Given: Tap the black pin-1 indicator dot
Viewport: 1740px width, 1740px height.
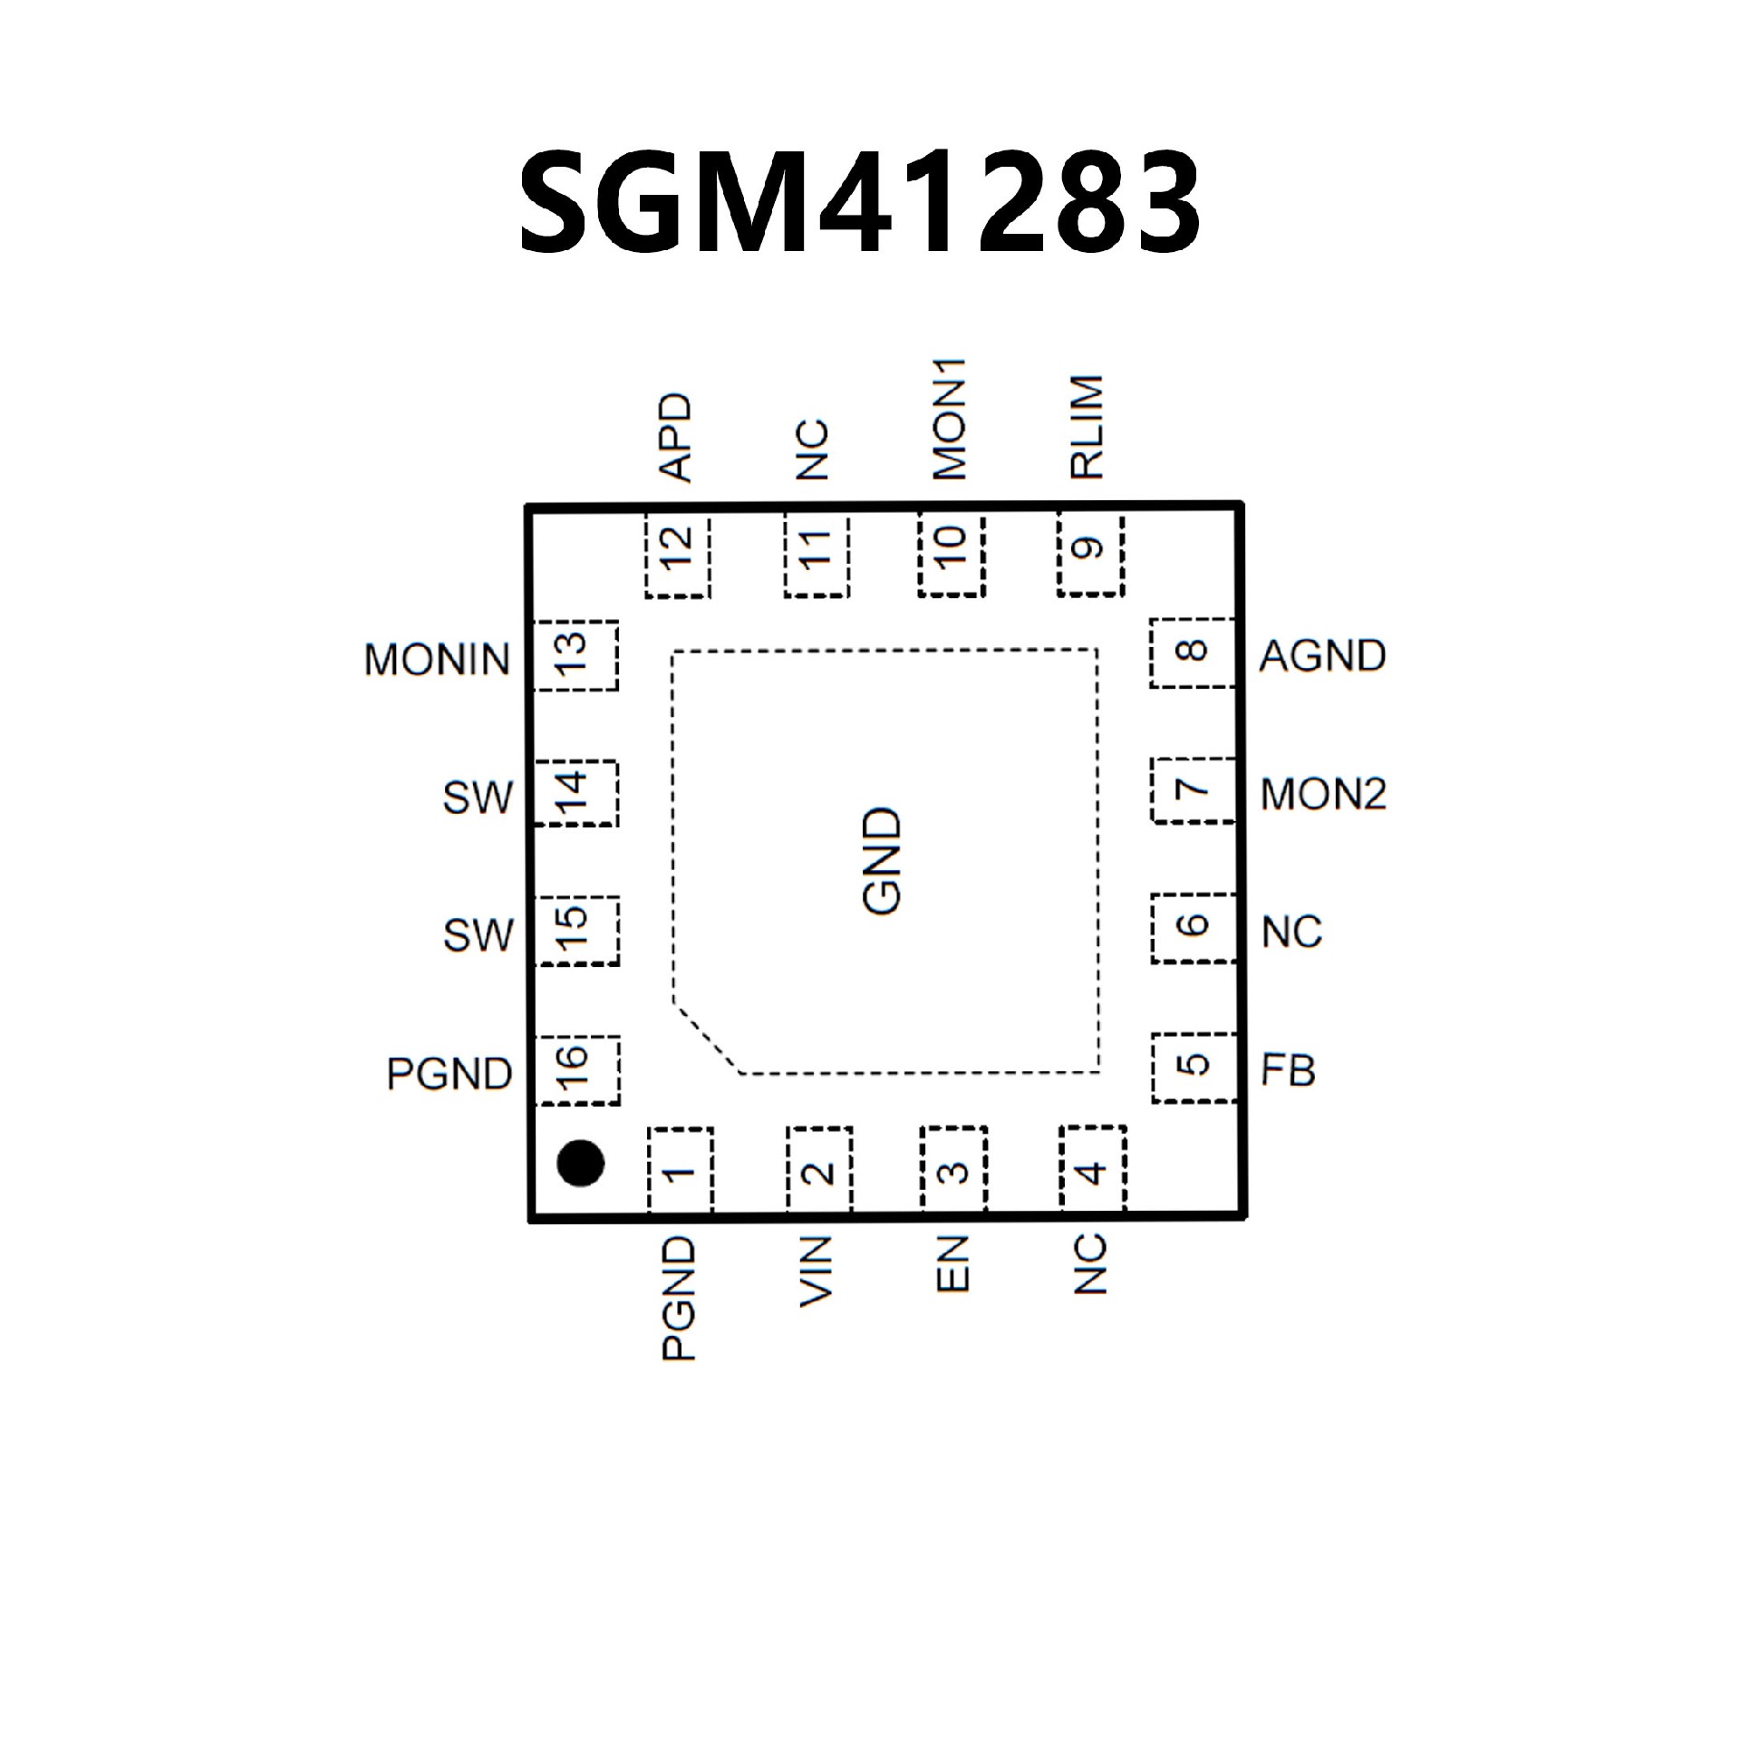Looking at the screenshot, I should point(580,1163).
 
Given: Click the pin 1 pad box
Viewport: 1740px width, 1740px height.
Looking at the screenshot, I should point(681,1170).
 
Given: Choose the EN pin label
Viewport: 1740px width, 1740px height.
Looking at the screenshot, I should point(953,1264).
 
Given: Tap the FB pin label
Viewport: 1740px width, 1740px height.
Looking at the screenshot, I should point(1288,1070).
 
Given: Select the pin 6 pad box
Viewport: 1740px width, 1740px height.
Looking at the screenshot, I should point(1194,929).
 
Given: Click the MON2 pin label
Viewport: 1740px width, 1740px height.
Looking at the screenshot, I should point(1323,795).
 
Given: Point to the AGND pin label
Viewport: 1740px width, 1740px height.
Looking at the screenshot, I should point(1322,655).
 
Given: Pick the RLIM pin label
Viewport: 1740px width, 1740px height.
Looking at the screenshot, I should point(1087,427).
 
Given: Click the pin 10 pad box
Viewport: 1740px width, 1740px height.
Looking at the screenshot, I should point(951,555).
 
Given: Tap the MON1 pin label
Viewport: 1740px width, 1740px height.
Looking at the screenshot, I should point(950,419).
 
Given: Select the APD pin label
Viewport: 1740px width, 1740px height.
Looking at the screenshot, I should point(676,437).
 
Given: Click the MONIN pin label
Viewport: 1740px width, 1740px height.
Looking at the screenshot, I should point(437,660).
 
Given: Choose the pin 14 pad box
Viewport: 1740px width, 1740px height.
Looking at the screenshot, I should point(575,793).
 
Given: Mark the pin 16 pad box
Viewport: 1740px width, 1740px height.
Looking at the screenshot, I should point(577,1070).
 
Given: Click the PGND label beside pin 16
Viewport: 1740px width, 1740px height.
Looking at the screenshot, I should point(449,1074).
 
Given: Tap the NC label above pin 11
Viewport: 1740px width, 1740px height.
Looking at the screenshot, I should point(815,449).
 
